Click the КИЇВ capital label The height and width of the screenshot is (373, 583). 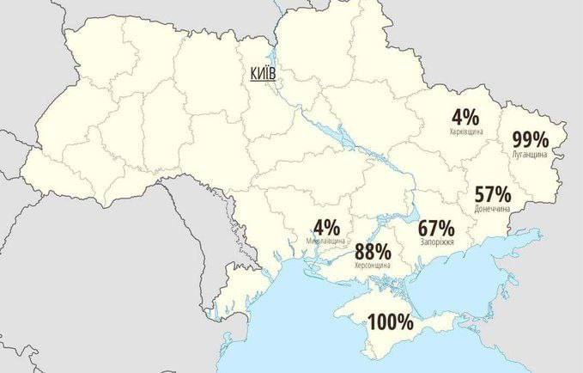pyautogui.click(x=262, y=75)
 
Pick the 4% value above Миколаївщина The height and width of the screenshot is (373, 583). pyautogui.click(x=326, y=228)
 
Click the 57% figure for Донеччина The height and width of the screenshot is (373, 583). pyautogui.click(x=492, y=194)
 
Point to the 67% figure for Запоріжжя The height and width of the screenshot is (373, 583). pyautogui.click(x=436, y=229)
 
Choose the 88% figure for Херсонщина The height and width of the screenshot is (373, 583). pyautogui.click(x=373, y=252)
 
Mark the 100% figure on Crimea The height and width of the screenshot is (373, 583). pyautogui.click(x=391, y=323)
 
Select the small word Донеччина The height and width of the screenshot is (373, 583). pyautogui.click(x=492, y=209)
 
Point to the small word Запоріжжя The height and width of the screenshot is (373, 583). pyautogui.click(x=437, y=243)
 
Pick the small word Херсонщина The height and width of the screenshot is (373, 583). pyautogui.click(x=373, y=266)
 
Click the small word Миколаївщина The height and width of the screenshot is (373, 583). pyautogui.click(x=326, y=242)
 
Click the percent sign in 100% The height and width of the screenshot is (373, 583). pyautogui.click(x=404, y=323)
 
